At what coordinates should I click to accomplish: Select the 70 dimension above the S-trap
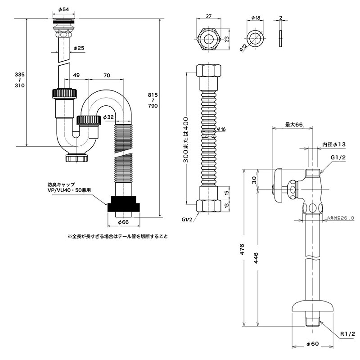(x=107, y=75)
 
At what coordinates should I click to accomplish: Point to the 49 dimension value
(x=76, y=75)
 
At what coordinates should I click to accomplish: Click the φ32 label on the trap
(x=108, y=117)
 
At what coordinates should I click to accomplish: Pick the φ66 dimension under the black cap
(x=123, y=222)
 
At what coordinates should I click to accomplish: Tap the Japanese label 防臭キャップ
(x=61, y=184)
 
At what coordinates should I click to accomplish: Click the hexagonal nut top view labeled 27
(x=209, y=39)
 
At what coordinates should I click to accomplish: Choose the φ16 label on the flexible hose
(x=221, y=130)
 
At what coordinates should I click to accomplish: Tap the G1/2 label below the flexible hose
(x=187, y=219)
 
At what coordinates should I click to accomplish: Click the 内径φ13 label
(x=333, y=144)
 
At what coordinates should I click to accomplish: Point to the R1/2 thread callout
(x=347, y=333)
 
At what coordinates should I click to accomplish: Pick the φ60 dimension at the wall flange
(x=312, y=344)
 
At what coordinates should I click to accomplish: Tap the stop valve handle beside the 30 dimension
(x=277, y=184)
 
